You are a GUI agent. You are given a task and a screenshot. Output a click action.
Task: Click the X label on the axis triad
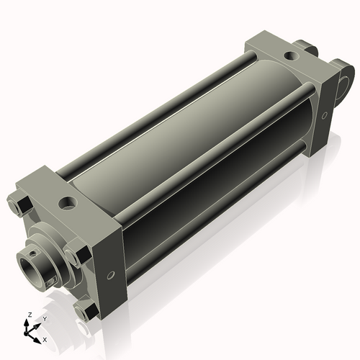tap(45, 338)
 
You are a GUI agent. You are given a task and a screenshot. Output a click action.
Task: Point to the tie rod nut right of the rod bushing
tap(77, 256)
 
